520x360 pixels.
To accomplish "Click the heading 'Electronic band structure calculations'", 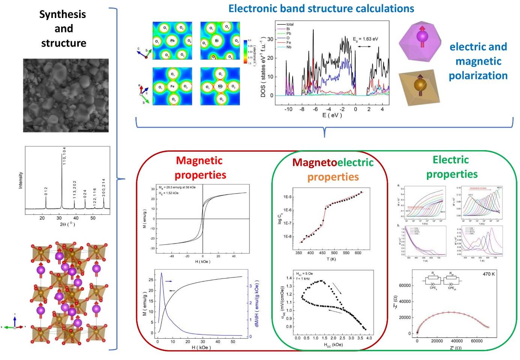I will (321, 8).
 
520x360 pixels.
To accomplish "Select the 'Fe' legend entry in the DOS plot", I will (289, 42).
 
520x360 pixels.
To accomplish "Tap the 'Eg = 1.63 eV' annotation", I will (365, 39).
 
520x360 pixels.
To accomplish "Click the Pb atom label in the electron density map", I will (172, 41).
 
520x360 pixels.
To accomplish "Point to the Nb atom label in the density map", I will (220, 86).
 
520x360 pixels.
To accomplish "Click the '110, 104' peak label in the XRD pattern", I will (64, 155).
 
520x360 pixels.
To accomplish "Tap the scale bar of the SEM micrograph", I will (93, 130).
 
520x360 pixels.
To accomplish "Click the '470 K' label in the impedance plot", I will (488, 274).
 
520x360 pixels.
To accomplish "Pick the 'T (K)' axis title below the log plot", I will (331, 259).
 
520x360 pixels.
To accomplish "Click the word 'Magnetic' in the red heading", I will (199, 161).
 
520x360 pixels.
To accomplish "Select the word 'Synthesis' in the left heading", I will (63, 14).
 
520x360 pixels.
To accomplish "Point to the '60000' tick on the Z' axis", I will (476, 341).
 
